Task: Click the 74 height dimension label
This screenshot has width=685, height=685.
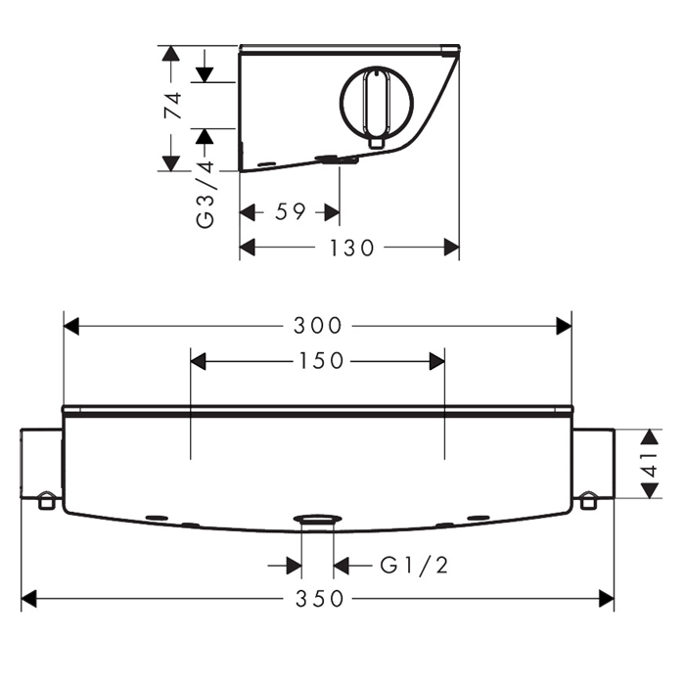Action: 172,105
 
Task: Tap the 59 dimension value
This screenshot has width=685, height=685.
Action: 290,212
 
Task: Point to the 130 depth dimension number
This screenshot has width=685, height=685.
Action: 351,248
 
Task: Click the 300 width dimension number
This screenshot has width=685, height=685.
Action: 318,326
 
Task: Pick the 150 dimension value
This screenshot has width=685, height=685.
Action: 321,361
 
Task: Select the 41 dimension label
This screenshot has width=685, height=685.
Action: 651,464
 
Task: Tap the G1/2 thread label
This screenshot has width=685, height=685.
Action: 414,566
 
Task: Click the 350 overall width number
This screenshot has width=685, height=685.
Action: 319,599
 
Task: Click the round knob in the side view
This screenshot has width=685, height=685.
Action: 377,102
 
